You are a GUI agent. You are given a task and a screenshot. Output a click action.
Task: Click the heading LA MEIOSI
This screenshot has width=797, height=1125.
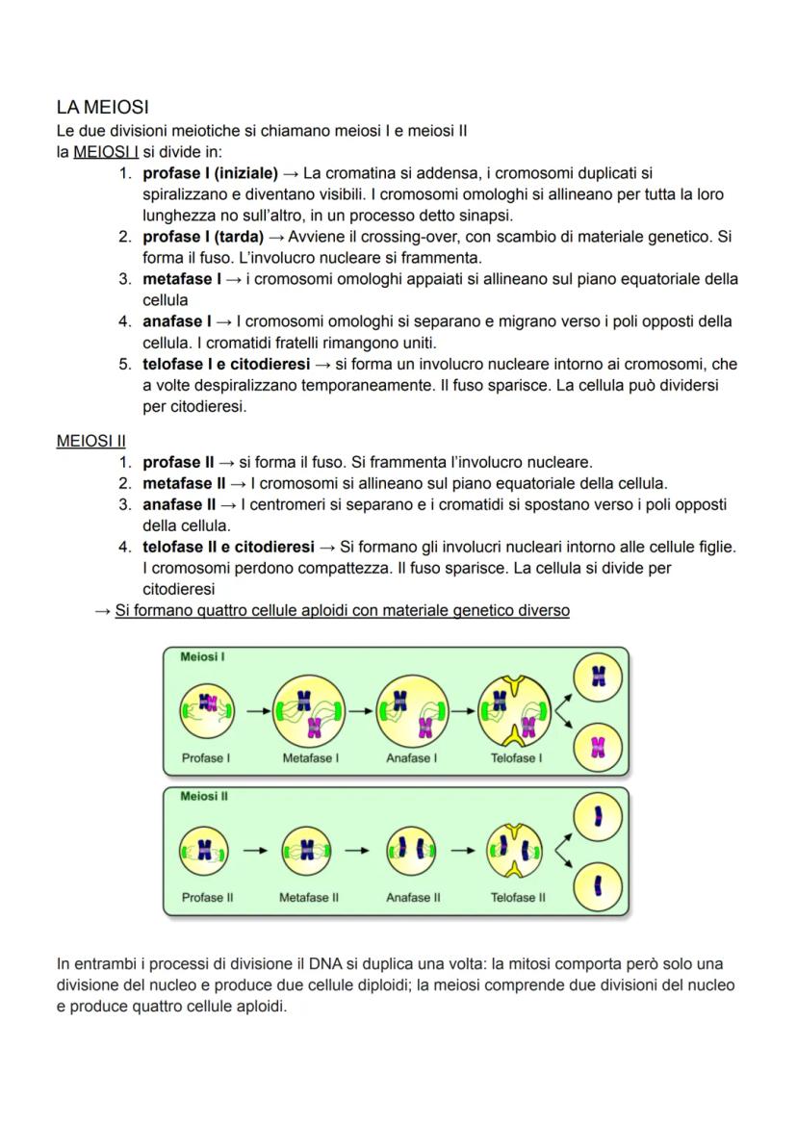pyautogui.click(x=102, y=107)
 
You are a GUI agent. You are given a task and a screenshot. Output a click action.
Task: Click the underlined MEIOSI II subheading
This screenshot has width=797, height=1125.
pyautogui.click(x=91, y=441)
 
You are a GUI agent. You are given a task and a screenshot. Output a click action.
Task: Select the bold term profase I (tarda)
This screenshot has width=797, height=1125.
pyautogui.click(x=203, y=237)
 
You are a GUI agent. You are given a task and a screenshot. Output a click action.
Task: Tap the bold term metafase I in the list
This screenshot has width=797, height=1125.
pyautogui.click(x=177, y=279)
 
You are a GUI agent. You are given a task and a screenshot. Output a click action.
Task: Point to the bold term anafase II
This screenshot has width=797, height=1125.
pyautogui.click(x=179, y=504)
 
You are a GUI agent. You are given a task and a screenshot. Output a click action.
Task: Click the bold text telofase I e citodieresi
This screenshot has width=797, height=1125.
pyautogui.click(x=226, y=365)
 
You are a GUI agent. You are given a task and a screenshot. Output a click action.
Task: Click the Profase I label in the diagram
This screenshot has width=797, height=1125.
pyautogui.click(x=205, y=758)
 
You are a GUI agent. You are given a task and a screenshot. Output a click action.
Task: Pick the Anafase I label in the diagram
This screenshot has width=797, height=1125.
pyautogui.click(x=411, y=758)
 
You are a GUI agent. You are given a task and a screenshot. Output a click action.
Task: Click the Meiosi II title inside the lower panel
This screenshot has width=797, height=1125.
pyautogui.click(x=203, y=797)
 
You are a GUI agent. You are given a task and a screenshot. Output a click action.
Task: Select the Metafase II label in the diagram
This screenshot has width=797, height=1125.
pyautogui.click(x=308, y=898)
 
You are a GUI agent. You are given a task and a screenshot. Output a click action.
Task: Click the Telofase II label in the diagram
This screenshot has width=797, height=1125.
pyautogui.click(x=517, y=898)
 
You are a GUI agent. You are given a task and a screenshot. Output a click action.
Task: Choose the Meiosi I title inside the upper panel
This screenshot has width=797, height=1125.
pyautogui.click(x=202, y=656)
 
